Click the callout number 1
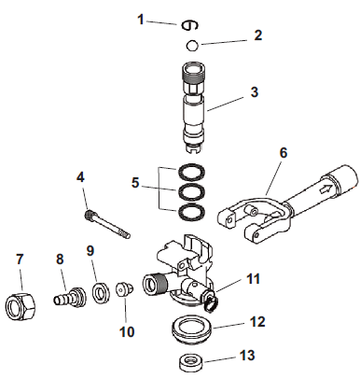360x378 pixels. (141, 19)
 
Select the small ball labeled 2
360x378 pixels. (190, 46)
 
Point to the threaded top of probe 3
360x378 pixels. (191, 74)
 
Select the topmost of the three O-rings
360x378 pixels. (191, 173)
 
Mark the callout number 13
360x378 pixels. (247, 357)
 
